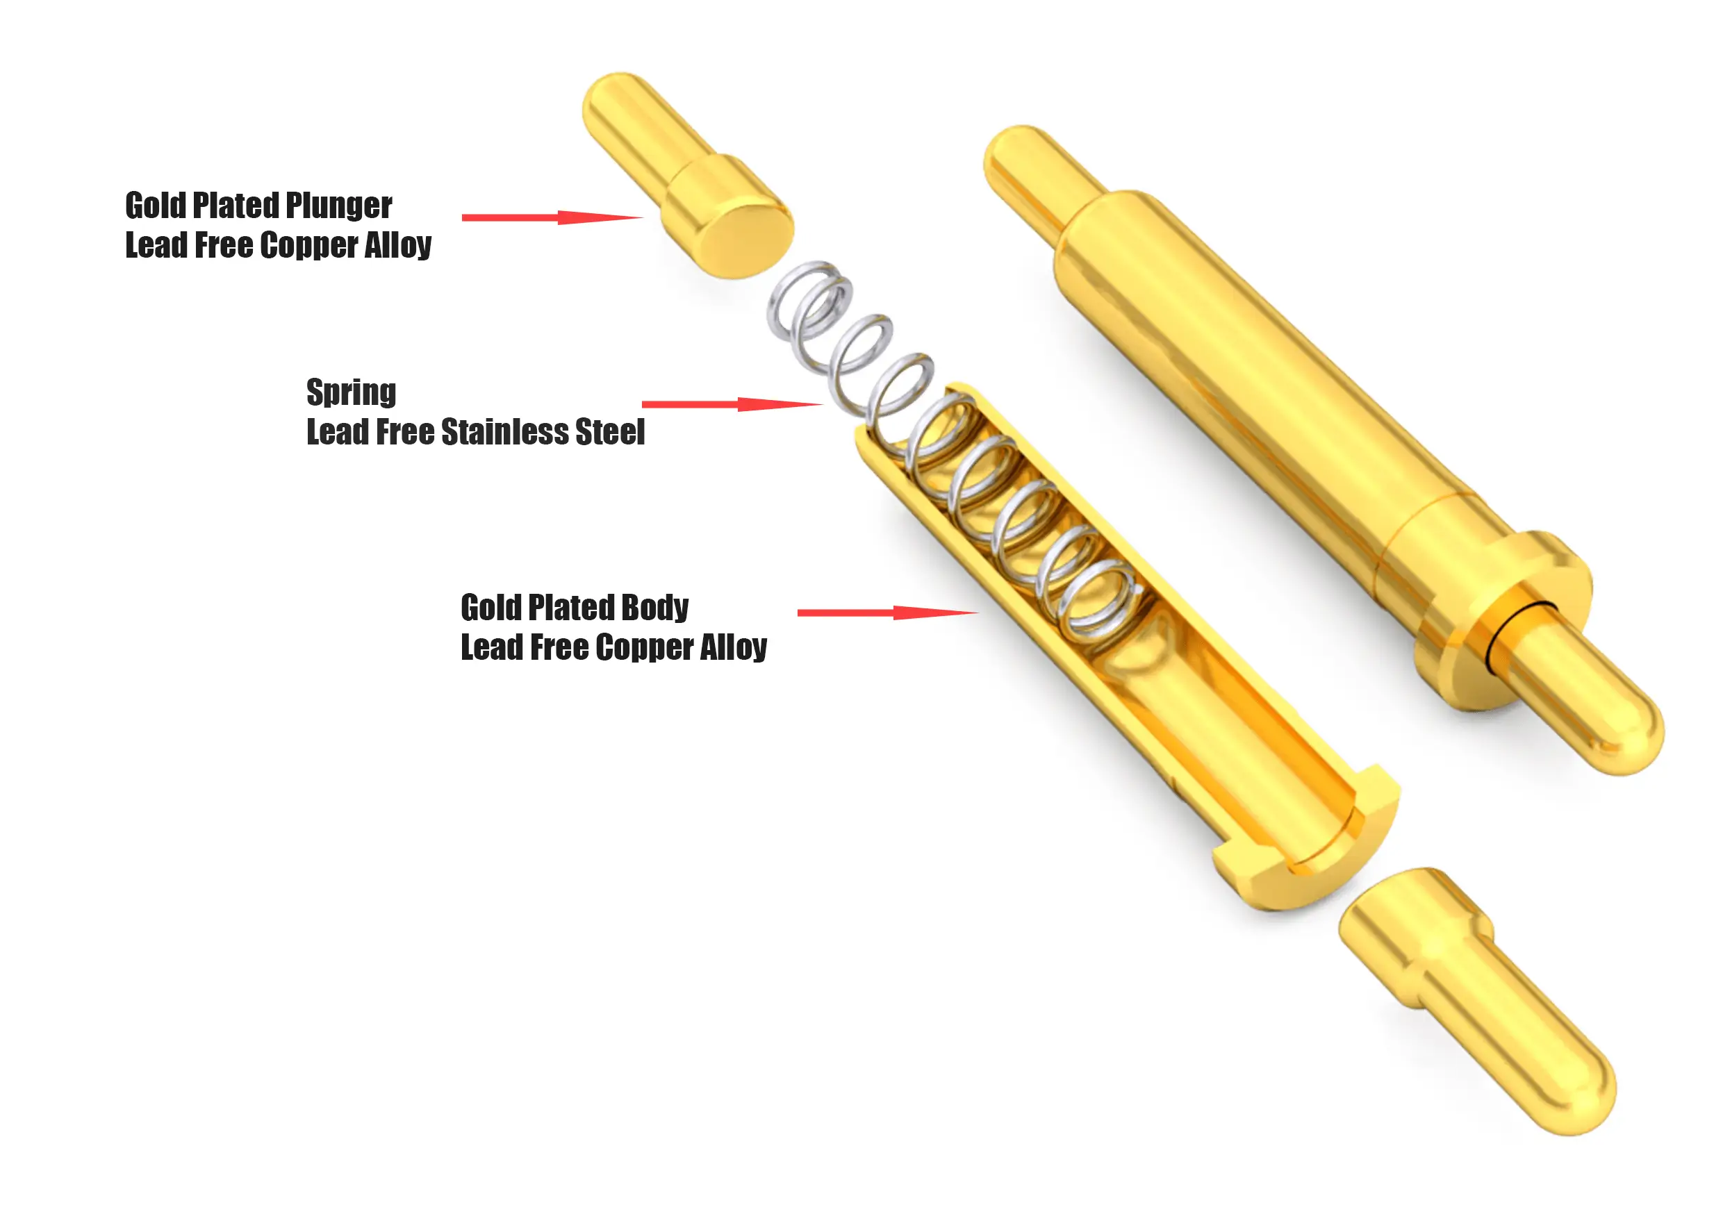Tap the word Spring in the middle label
(x=352, y=393)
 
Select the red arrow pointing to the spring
(x=732, y=404)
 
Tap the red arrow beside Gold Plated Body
(x=887, y=613)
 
